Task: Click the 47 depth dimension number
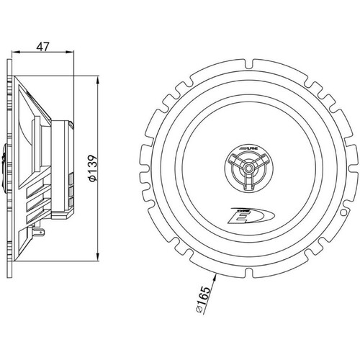point(42,47)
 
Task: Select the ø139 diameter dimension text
point(92,168)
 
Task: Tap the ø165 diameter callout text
point(203,300)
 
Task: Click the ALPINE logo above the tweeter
point(249,149)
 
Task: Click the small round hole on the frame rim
point(343,212)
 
